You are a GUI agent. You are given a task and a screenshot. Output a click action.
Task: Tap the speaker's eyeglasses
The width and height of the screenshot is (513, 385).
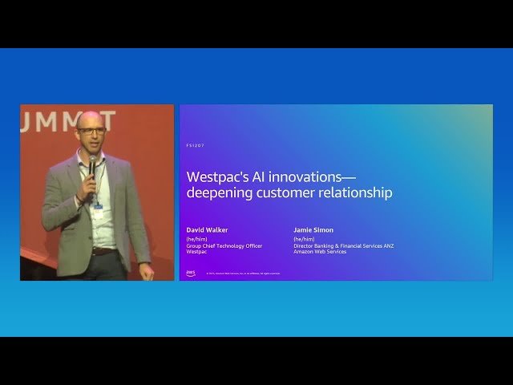[92, 130]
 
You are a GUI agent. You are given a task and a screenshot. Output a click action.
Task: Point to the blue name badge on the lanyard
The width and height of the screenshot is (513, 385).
[98, 205]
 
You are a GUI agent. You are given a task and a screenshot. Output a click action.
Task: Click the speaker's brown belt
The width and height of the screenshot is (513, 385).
[103, 251]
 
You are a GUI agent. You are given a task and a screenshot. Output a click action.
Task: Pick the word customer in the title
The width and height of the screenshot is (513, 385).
[287, 192]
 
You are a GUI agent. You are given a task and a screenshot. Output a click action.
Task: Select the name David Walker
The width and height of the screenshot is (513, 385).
[207, 230]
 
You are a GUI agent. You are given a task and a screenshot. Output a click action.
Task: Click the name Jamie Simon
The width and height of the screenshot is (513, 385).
[313, 230]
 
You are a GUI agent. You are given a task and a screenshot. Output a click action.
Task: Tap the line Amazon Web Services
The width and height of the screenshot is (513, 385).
[320, 252]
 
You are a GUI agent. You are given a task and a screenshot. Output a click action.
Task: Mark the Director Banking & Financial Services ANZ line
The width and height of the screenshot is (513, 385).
[343, 245]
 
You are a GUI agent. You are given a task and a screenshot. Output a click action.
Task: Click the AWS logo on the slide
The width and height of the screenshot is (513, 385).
[191, 273]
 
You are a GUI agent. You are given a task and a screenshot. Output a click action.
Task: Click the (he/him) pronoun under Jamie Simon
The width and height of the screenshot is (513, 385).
[304, 239]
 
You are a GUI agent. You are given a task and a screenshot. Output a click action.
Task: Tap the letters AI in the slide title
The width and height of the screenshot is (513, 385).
[257, 176]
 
